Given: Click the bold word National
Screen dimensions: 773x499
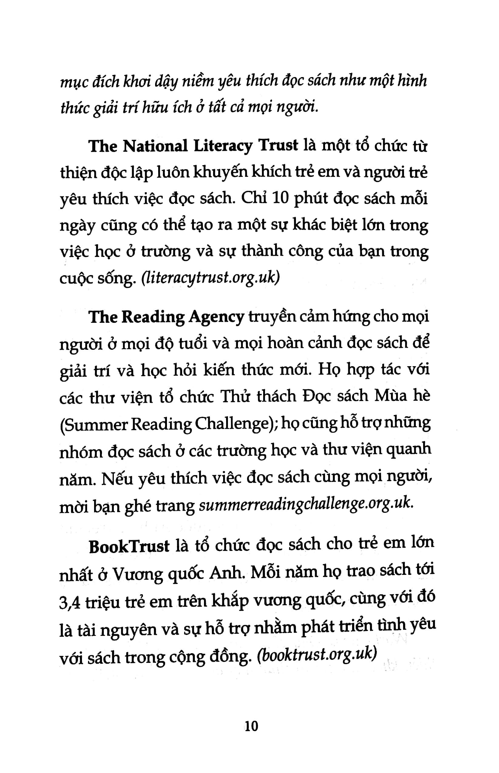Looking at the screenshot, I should (155, 146).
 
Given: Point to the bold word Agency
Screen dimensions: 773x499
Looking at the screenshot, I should (216, 317).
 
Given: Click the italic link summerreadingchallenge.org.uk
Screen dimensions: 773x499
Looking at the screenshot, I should (306, 505).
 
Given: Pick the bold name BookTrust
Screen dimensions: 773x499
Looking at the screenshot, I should (129, 547).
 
